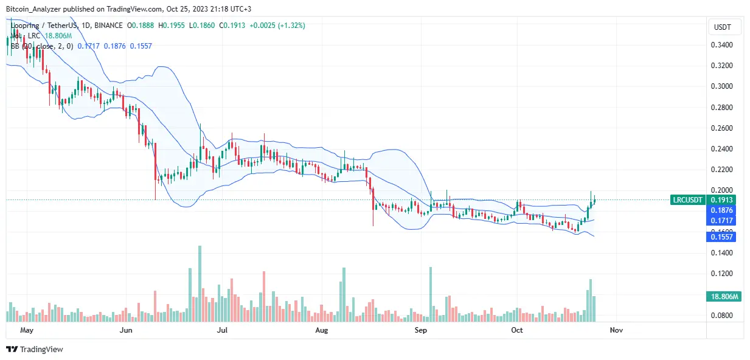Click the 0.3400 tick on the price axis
pos(722,45)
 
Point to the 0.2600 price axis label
pos(722,128)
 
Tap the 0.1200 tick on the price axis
pos(722,274)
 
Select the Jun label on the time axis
pos(127,330)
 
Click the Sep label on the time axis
pos(420,330)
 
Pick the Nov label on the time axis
pos(616,330)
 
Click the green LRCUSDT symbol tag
pos(687,200)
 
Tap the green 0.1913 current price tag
pos(724,200)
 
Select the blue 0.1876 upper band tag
pos(724,210)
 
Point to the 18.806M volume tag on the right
pos(724,297)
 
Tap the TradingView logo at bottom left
pos(35,349)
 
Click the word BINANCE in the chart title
pos(107,26)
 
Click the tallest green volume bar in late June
pos(199,283)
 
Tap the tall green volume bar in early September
pos(431,294)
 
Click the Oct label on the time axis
pos(517,330)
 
